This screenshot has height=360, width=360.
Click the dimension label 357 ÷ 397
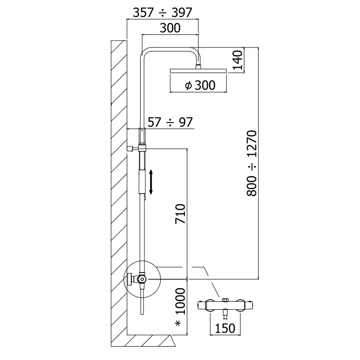pyautogui.click(x=162, y=12)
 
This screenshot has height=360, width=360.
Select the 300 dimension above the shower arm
pyautogui.click(x=170, y=28)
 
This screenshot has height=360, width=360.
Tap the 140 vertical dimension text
pyautogui.click(x=238, y=60)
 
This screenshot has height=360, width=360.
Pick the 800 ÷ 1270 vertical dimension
pyautogui.click(x=252, y=163)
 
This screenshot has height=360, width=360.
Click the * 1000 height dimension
pyautogui.click(x=179, y=308)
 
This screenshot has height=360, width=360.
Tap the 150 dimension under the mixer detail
pyautogui.click(x=225, y=328)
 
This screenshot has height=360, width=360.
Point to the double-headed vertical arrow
pyautogui.click(x=151, y=182)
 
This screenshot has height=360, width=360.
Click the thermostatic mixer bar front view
pyautogui.click(x=225, y=304)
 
